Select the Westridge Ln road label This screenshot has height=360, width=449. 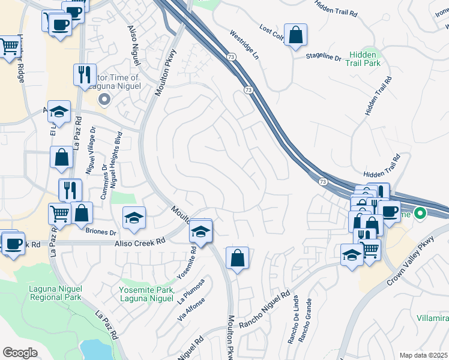click(244, 44)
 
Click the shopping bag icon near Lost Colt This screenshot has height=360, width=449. click(296, 35)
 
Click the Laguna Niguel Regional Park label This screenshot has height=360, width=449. click(55, 293)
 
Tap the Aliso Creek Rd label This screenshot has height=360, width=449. click(140, 242)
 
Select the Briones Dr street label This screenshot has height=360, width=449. click(101, 232)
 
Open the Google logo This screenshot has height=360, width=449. click(20, 352)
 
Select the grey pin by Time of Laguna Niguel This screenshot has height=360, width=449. click(105, 100)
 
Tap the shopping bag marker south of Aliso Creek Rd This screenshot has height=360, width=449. click(238, 258)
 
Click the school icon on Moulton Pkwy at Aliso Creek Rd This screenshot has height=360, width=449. click(201, 231)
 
